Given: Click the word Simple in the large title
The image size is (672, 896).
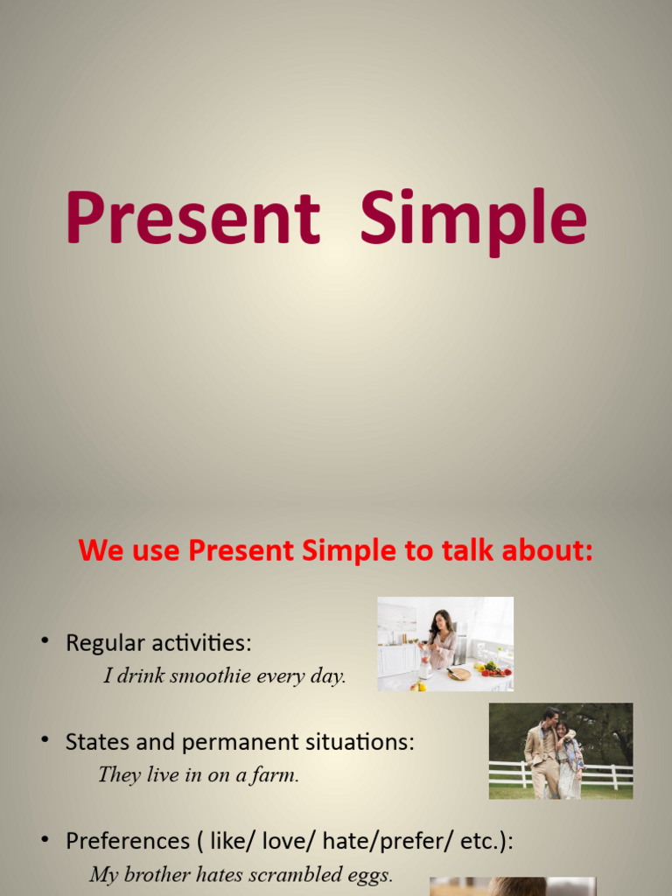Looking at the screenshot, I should click(473, 219).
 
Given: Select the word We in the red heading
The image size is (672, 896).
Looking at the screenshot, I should click(97, 551).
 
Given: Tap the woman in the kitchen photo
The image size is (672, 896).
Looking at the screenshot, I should click(441, 639).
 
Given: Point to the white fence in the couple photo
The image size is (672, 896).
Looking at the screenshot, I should click(507, 773).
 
